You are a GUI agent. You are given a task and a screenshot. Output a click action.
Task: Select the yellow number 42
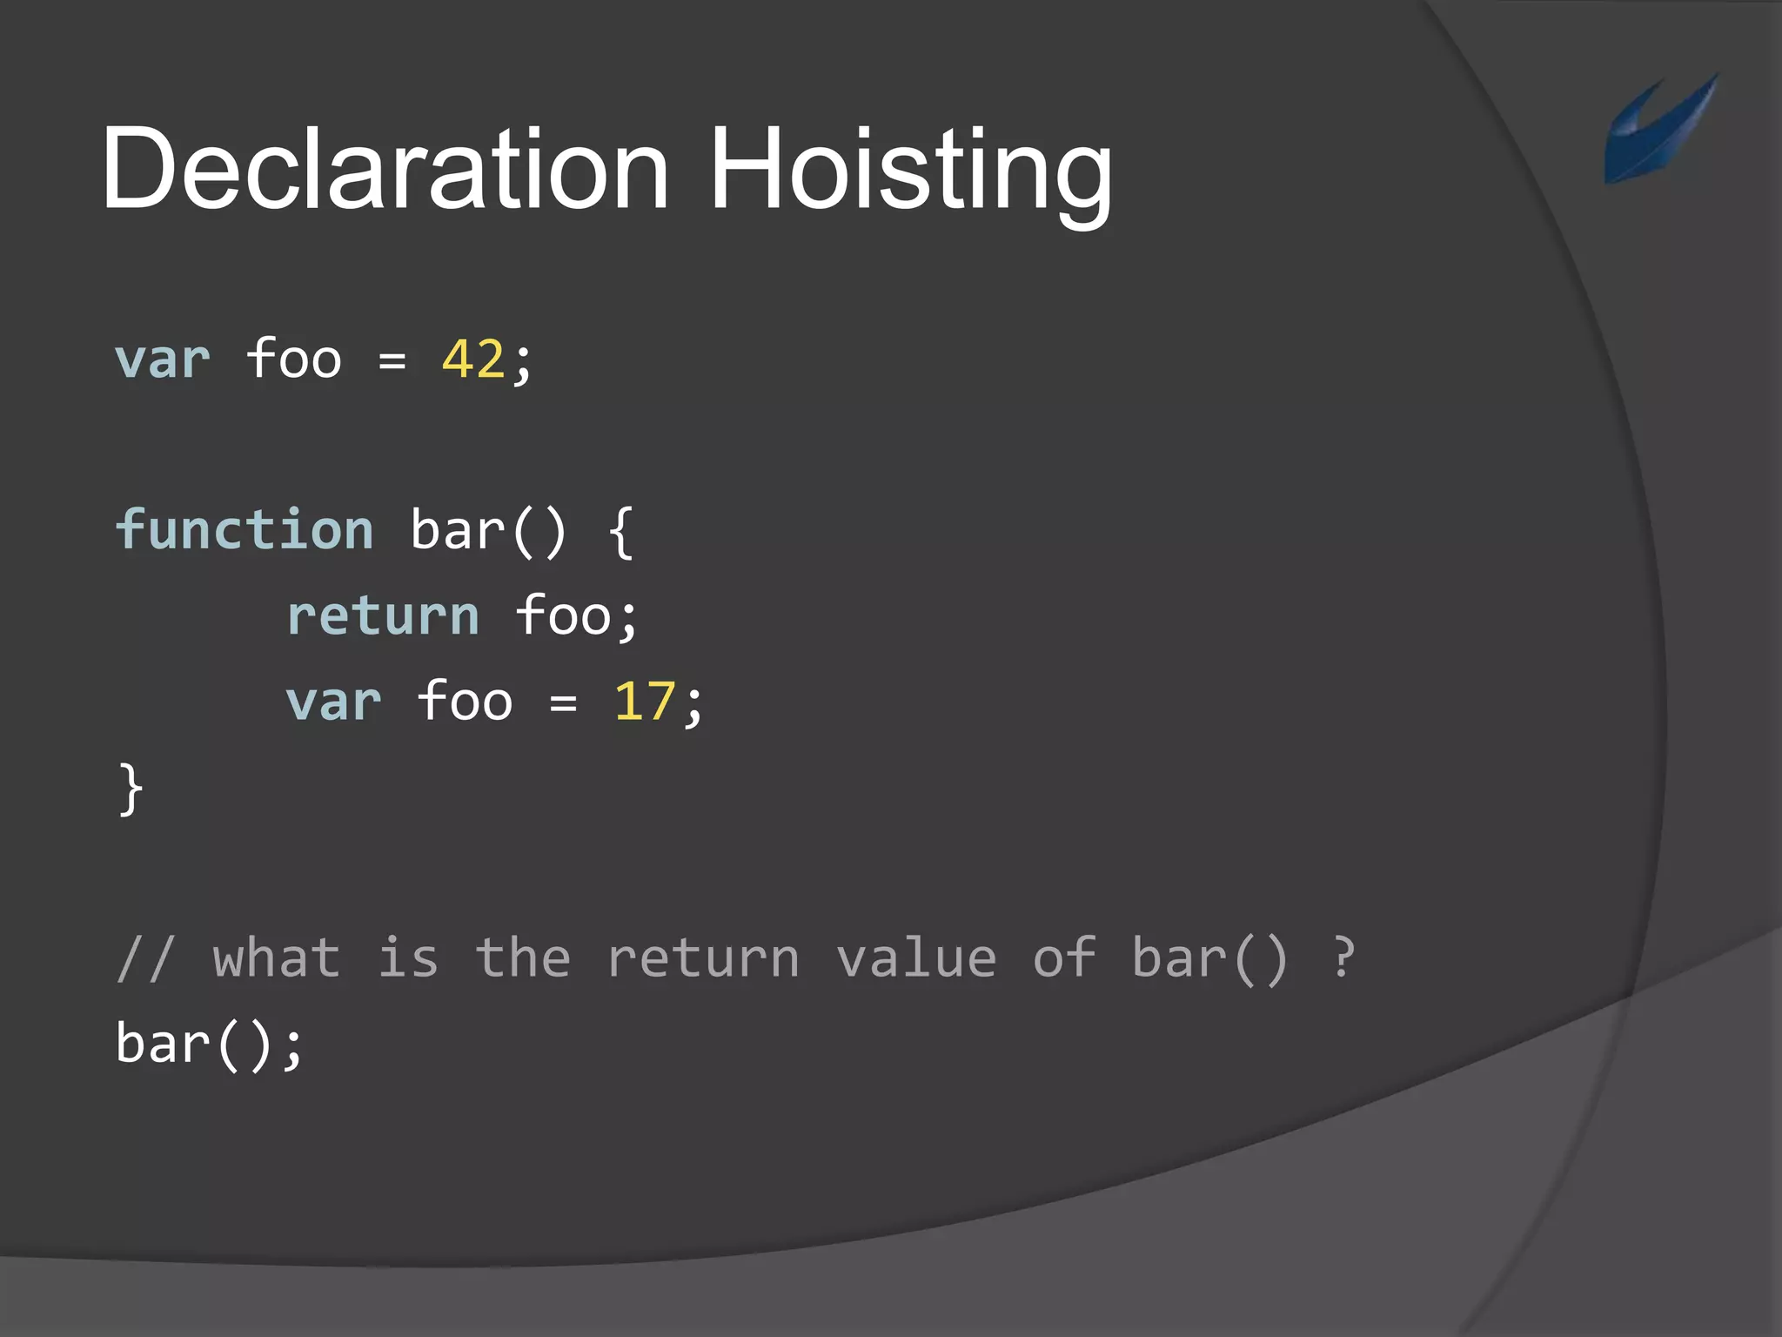point(473,359)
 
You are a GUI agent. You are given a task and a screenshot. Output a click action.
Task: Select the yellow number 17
point(644,702)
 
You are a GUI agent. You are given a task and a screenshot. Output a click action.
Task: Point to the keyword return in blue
point(383,616)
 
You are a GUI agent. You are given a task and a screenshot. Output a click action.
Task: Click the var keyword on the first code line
point(163,359)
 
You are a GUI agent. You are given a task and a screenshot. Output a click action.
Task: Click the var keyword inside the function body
point(334,702)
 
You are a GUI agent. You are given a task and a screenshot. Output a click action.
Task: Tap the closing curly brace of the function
point(131,789)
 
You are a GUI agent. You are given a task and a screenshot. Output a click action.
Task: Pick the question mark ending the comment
point(1343,958)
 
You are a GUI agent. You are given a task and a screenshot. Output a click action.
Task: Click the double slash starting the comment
point(146,958)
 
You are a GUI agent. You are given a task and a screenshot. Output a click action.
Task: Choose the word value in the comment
point(915,958)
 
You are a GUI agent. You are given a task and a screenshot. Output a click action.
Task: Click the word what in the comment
point(277,958)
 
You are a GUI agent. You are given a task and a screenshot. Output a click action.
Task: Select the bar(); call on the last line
point(209,1045)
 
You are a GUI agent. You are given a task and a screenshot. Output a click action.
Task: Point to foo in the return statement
point(564,616)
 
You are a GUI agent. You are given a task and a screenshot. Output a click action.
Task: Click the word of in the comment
point(1063,958)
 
